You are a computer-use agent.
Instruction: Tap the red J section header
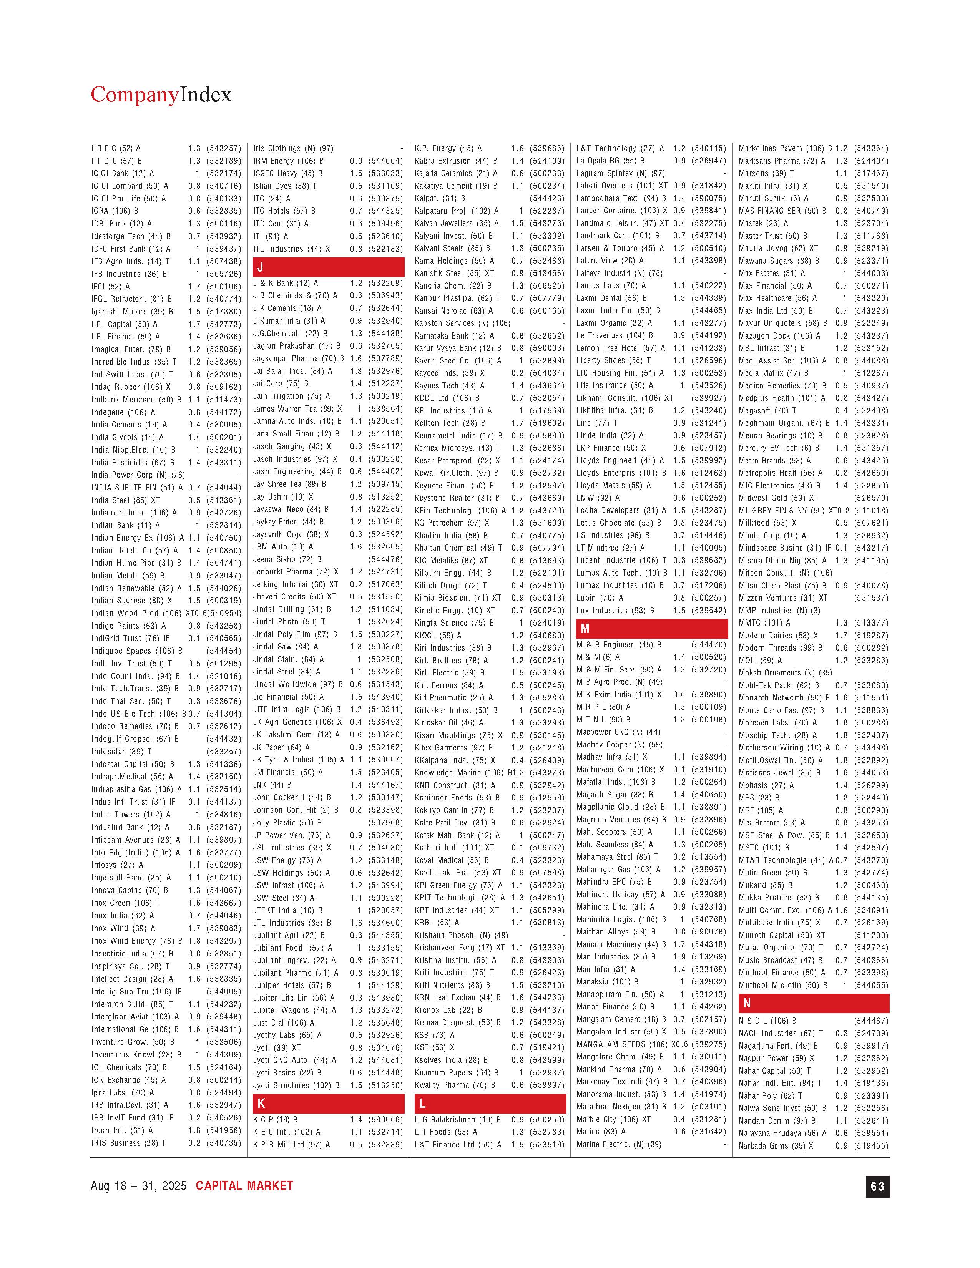(328, 267)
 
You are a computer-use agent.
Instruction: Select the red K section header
(328, 1103)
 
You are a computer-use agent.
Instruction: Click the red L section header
(490, 1103)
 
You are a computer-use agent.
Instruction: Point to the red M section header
(651, 628)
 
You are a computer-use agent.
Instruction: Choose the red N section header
(813, 1003)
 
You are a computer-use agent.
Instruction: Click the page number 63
(877, 1186)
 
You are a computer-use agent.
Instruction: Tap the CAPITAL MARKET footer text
(244, 1186)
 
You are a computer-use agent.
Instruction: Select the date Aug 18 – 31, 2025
(138, 1186)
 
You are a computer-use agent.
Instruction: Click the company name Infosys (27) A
(117, 865)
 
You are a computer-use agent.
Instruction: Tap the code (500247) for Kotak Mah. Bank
(547, 835)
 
